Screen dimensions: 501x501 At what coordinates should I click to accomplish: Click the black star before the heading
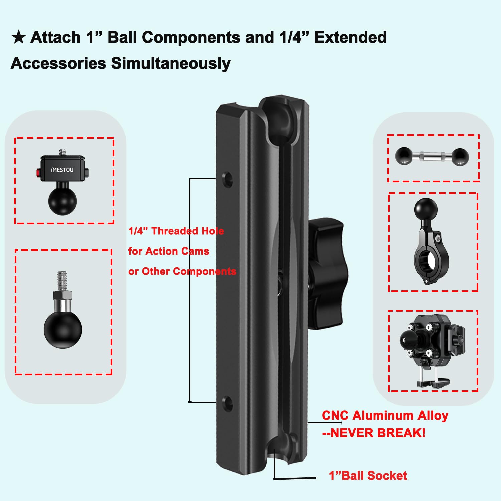click(x=19, y=37)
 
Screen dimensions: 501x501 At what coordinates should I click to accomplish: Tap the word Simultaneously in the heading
click(x=171, y=63)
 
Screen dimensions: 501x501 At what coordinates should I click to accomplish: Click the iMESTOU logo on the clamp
click(x=62, y=170)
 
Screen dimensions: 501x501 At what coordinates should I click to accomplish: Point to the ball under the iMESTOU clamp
click(x=62, y=201)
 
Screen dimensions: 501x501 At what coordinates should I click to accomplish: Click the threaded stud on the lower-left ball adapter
click(x=62, y=281)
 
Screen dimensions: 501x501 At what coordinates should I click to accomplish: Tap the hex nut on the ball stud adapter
click(x=62, y=295)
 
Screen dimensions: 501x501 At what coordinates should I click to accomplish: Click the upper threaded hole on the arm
click(x=228, y=179)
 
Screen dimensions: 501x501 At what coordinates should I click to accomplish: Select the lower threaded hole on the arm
click(x=228, y=403)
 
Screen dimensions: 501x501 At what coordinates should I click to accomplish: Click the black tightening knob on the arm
click(x=327, y=274)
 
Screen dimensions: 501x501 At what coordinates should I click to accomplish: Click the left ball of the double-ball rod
click(x=404, y=156)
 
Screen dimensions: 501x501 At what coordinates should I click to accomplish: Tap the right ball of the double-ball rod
click(x=460, y=156)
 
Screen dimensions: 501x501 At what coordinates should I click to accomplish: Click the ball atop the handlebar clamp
click(x=426, y=209)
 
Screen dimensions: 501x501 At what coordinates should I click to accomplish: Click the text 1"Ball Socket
click(x=368, y=475)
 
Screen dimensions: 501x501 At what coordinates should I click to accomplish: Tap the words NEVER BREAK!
click(x=378, y=433)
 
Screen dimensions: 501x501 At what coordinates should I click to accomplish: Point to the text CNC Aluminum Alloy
click(x=385, y=415)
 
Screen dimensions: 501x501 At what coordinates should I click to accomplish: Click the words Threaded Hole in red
click(x=188, y=231)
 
